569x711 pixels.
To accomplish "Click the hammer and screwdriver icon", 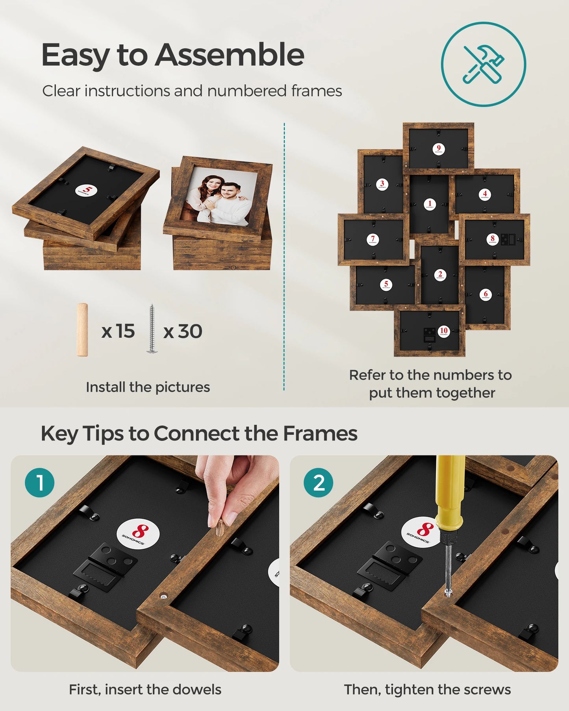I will click(484, 64).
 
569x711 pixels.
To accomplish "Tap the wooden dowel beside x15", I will click(82, 330).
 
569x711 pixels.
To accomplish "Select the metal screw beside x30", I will click(152, 329).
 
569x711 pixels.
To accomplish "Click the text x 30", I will click(183, 331).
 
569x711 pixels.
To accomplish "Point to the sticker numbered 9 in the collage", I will click(438, 149).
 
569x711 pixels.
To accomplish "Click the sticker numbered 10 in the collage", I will click(444, 331).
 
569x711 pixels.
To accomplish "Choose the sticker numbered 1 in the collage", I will click(430, 204).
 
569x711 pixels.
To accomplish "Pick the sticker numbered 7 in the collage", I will click(373, 239).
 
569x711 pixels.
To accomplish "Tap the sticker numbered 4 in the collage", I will click(485, 194).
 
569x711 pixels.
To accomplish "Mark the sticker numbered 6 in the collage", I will click(486, 295).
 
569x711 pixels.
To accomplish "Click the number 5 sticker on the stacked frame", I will click(86, 191).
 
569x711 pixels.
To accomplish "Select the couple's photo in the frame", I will click(219, 196).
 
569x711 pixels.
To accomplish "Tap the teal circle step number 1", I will click(40, 483).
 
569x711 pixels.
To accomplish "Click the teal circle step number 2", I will click(319, 483).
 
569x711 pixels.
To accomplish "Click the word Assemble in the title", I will click(229, 55).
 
